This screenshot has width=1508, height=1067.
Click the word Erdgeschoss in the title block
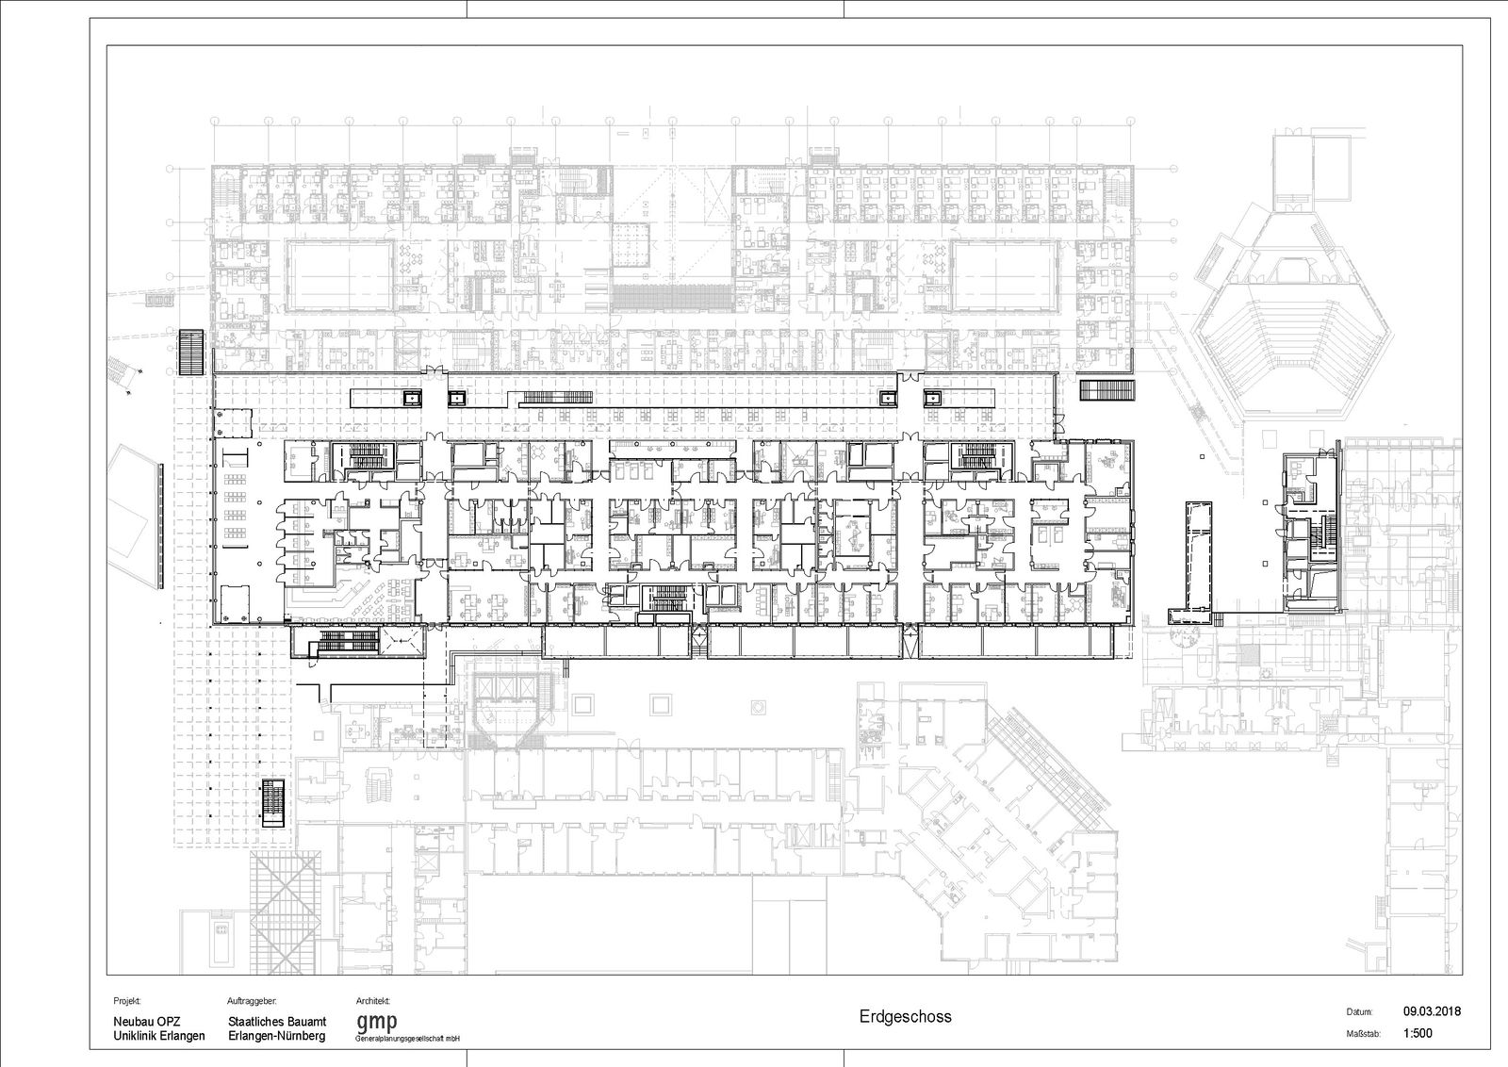tap(905, 1016)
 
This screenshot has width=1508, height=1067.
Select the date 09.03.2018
tap(1432, 1011)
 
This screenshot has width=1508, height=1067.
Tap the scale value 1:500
tap(1418, 1033)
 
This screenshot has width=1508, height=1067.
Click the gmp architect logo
tap(376, 1023)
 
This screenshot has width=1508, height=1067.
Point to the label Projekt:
tap(127, 1001)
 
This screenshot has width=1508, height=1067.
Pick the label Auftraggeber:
tap(253, 1001)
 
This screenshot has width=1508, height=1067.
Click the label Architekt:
tap(373, 1001)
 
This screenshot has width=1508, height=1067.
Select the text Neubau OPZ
tap(147, 1021)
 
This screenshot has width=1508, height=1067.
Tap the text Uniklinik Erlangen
tap(159, 1036)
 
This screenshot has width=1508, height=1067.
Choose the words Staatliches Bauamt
tap(277, 1021)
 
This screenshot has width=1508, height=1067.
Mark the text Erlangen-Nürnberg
tap(277, 1036)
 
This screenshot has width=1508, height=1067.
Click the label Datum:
tap(1359, 1011)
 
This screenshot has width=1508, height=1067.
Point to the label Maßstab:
tap(1363, 1034)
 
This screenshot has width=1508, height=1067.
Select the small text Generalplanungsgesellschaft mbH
tap(407, 1040)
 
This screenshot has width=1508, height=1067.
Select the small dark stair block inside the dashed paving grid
tap(273, 803)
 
